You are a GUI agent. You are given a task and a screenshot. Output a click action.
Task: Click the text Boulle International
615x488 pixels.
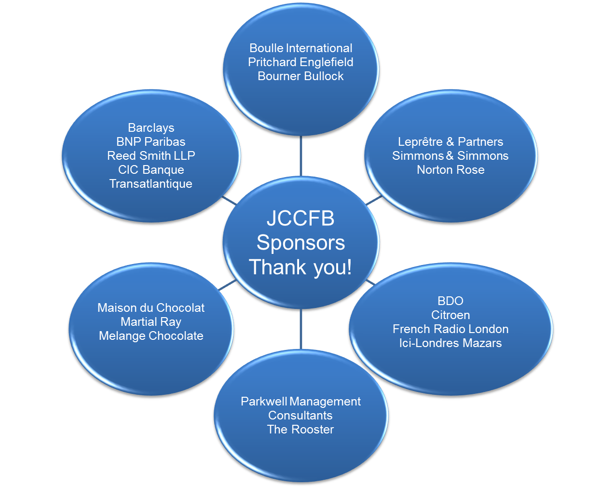pos(301,48)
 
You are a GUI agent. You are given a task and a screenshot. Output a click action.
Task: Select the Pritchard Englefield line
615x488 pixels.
pos(301,62)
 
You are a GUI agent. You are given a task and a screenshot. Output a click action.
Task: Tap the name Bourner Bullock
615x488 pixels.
pos(301,76)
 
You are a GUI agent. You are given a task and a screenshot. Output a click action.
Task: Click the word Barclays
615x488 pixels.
pos(151,128)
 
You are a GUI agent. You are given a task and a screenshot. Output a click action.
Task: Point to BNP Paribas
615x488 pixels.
pos(151,142)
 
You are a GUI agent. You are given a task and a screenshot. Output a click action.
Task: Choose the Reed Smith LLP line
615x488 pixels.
pos(151,156)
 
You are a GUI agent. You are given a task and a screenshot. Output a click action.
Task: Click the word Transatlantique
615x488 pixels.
pos(151,184)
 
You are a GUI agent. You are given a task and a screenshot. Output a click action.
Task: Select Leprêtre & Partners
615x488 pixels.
pos(451,142)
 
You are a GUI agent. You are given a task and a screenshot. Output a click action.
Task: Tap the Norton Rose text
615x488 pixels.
pos(451,170)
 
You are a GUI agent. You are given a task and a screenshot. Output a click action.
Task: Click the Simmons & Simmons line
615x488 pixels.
pos(451,156)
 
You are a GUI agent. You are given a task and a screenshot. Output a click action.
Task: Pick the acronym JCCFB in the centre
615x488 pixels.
pos(301,219)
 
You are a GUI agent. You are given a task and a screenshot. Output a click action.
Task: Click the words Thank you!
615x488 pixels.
pos(301,267)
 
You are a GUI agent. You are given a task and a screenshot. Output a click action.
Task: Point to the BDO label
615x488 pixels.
pos(451,301)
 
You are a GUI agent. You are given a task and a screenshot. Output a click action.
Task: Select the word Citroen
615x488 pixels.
pos(451,315)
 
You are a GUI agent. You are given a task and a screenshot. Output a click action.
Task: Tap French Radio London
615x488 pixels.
pos(451,329)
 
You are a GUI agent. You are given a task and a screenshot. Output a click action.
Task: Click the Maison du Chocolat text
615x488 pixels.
pos(151,308)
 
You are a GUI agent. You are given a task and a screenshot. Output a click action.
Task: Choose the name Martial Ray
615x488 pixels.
pos(151,322)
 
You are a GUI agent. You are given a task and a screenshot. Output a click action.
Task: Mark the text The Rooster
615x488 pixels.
pos(301,430)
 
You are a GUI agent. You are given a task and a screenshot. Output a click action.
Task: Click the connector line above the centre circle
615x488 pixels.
pos(301,156)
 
